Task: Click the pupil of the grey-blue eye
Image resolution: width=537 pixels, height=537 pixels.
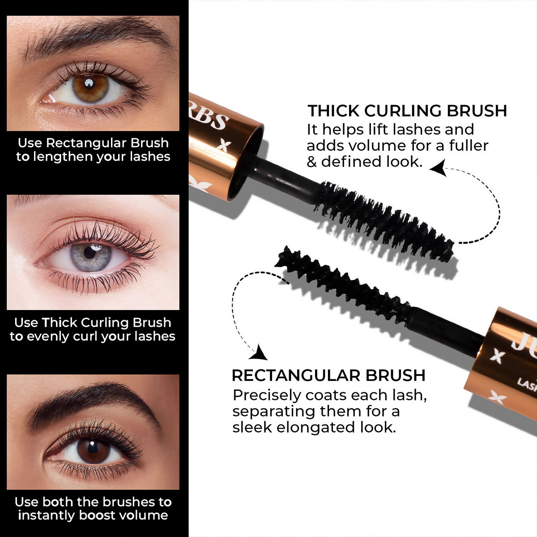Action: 90,253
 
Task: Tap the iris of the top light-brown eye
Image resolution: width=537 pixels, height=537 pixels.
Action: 90,85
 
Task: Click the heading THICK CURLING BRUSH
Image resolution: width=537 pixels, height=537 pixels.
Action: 407,111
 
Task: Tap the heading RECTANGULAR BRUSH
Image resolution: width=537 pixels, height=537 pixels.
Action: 328,375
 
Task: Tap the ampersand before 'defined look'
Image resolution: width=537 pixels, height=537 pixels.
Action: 311,162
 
